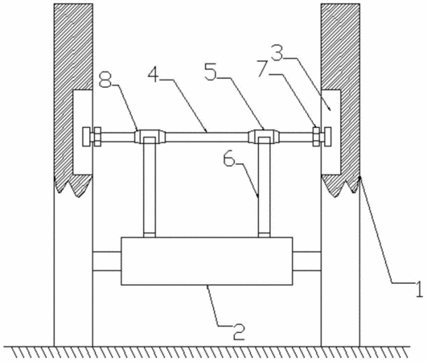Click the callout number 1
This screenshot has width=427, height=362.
(419, 289)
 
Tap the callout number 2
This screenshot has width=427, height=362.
(239, 331)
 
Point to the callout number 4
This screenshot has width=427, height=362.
(154, 73)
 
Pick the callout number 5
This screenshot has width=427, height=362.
(211, 72)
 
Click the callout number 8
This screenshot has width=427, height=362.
(105, 80)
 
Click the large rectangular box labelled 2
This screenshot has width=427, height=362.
(207, 261)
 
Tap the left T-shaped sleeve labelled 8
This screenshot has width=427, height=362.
(150, 137)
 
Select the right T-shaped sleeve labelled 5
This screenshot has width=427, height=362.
(264, 137)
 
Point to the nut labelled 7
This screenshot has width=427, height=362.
(317, 137)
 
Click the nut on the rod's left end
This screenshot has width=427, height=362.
(97, 137)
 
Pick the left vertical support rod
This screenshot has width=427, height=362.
(150, 187)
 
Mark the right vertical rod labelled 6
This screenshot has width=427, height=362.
(264, 187)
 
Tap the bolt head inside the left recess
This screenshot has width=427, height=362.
(87, 137)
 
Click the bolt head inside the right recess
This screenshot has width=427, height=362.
(327, 137)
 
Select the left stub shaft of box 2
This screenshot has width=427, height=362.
(107, 261)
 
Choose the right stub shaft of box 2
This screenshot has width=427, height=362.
(307, 261)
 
